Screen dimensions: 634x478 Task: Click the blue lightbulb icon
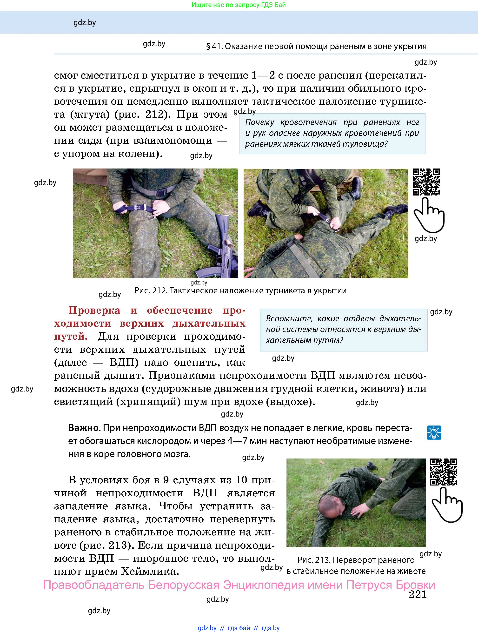point(434,432)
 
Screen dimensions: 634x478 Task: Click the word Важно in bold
point(83,428)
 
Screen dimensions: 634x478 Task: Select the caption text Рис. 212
point(150,291)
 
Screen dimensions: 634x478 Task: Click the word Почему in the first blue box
point(259,122)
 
